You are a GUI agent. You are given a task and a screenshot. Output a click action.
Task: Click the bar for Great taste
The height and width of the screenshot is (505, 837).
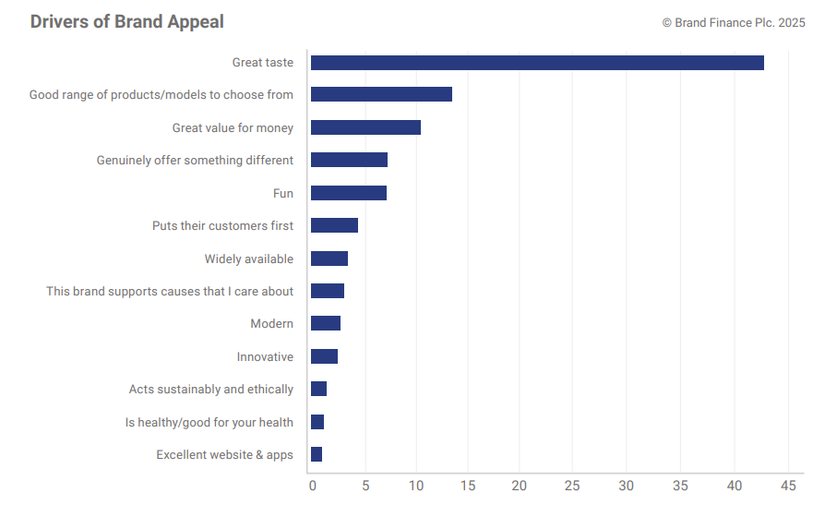(x=537, y=63)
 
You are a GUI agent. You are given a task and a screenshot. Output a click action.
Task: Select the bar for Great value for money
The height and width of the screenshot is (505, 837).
(x=365, y=127)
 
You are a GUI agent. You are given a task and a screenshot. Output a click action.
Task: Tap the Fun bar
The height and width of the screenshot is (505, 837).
(x=349, y=193)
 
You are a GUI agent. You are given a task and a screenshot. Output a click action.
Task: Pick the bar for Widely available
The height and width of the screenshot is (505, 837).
(x=329, y=259)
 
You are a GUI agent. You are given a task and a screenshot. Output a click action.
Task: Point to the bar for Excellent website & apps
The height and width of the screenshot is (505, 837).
(x=317, y=454)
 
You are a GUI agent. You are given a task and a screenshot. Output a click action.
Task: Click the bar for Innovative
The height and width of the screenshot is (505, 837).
(x=324, y=356)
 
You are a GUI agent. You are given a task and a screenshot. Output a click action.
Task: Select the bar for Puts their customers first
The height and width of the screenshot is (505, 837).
(x=334, y=225)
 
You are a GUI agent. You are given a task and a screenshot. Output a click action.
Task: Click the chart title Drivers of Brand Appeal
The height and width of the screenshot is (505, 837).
(x=126, y=21)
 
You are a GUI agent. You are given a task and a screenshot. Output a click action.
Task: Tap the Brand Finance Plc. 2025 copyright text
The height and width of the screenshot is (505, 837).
(x=734, y=22)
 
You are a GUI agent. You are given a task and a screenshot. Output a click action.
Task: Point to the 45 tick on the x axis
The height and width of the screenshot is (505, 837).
(x=788, y=486)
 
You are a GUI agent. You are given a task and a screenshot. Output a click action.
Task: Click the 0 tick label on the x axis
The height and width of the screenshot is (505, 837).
(x=312, y=486)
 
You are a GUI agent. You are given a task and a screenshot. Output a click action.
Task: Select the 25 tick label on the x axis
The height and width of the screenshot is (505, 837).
(x=572, y=486)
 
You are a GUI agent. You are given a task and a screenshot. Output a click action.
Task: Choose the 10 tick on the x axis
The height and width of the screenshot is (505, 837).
(x=416, y=486)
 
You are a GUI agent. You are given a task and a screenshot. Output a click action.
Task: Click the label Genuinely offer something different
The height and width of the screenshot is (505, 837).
(x=195, y=161)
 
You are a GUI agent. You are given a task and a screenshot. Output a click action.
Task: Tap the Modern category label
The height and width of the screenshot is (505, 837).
(x=271, y=324)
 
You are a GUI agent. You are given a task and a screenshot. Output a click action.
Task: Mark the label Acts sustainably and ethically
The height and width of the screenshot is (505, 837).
(x=211, y=390)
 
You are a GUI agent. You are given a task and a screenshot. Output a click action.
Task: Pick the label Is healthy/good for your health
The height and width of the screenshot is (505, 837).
(x=209, y=423)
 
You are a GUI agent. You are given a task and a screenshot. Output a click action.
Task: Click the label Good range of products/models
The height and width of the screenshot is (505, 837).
(x=161, y=95)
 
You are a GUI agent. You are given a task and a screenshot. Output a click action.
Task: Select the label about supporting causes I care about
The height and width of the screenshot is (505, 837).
(x=170, y=292)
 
